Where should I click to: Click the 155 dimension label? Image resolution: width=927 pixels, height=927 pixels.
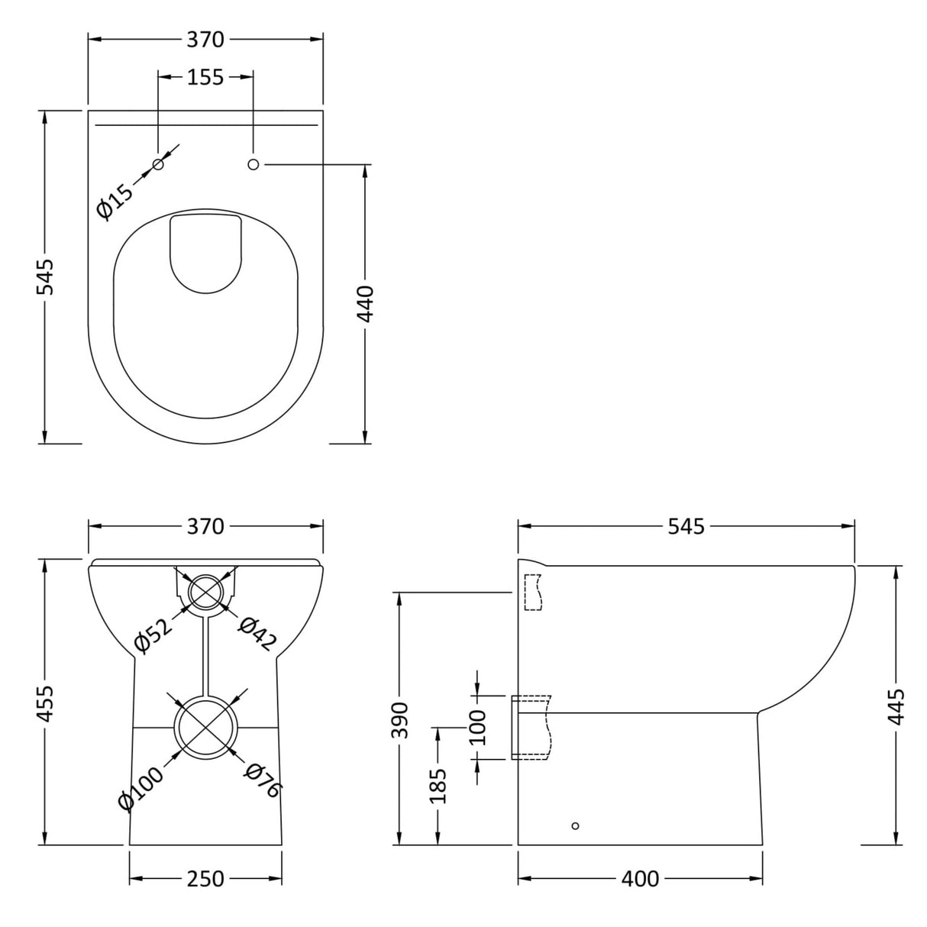tap(205, 76)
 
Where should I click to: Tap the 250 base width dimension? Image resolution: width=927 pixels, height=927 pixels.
tap(205, 879)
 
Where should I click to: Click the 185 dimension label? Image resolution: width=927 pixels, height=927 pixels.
tap(438, 786)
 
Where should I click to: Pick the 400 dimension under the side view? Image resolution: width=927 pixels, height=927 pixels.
tap(639, 879)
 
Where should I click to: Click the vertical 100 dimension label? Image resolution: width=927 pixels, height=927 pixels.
tap(477, 727)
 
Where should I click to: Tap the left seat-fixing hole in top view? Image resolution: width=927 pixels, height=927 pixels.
tap(159, 165)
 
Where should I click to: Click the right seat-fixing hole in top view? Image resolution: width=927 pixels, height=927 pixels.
tap(254, 164)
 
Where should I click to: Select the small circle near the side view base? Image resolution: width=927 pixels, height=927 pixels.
tap(575, 825)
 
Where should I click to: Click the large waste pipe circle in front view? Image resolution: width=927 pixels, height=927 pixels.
tap(205, 726)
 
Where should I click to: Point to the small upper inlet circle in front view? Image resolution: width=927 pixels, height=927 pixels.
tap(205, 590)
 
